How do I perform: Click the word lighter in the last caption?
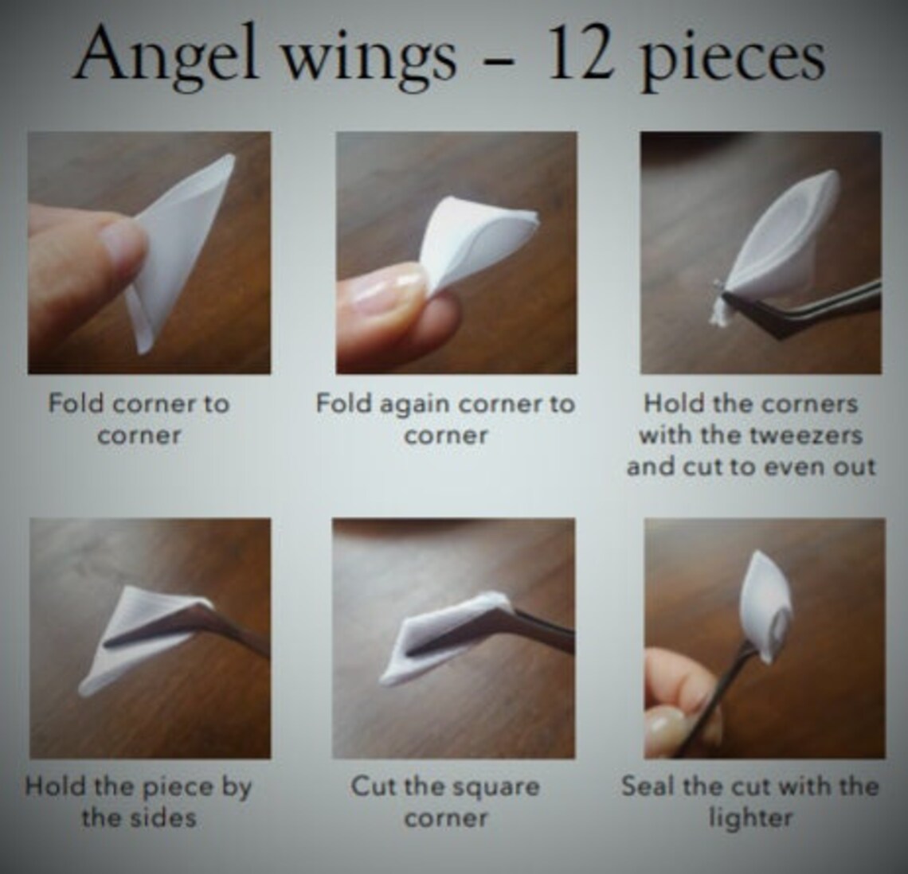pos(750,817)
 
